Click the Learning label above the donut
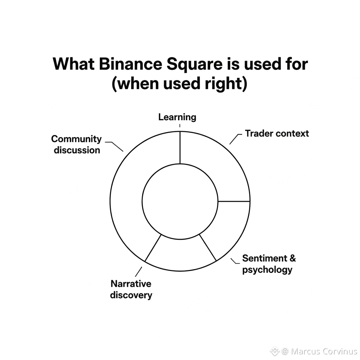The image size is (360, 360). (x=177, y=117)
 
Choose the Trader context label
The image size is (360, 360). (x=277, y=134)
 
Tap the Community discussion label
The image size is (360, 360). (x=76, y=144)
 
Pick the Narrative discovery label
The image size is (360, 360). (x=131, y=289)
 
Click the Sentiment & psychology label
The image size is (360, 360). (x=269, y=264)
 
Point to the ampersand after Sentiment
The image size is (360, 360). (x=292, y=259)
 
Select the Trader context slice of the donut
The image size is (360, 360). (x=218, y=165)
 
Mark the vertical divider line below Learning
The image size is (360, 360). (x=180, y=148)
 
